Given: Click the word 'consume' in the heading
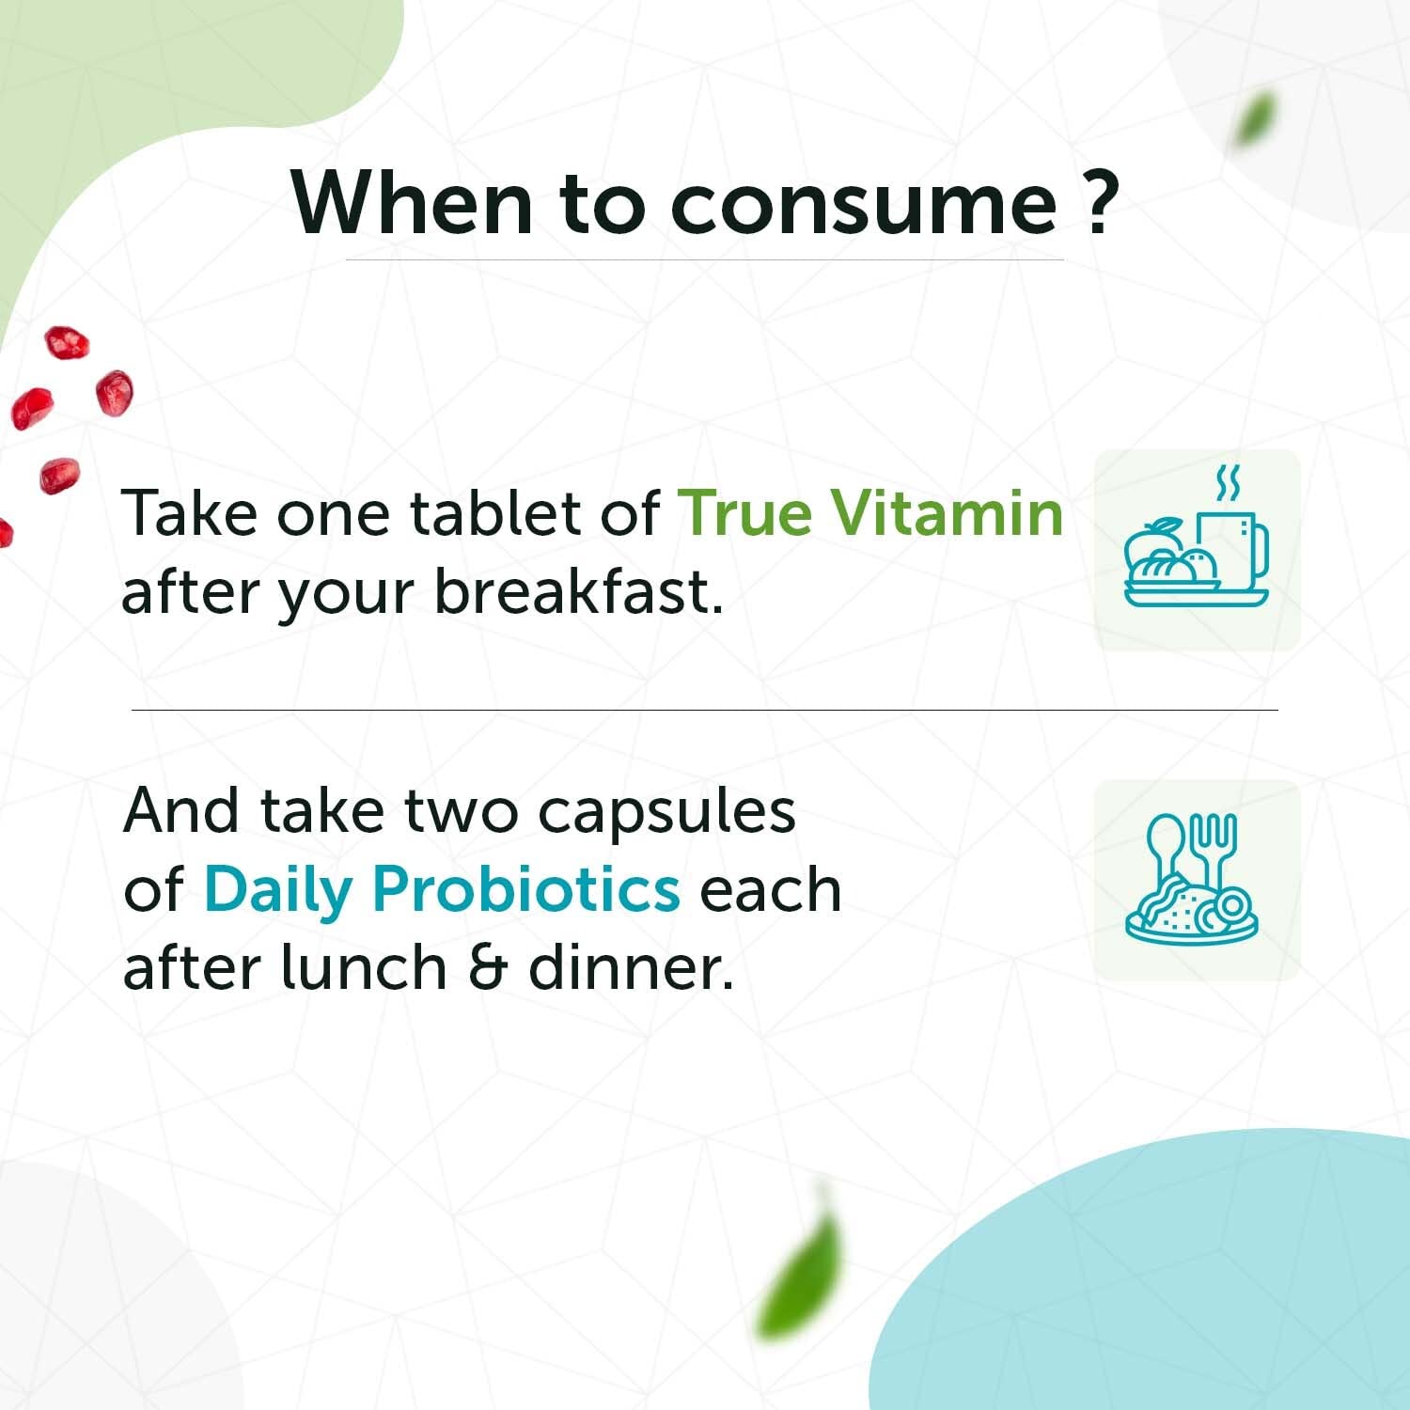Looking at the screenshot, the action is pos(864,204).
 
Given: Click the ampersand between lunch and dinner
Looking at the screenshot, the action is pos(488,967).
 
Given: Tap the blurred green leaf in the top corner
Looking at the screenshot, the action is pos(1254,117).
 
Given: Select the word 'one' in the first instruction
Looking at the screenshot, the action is pos(333,517).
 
